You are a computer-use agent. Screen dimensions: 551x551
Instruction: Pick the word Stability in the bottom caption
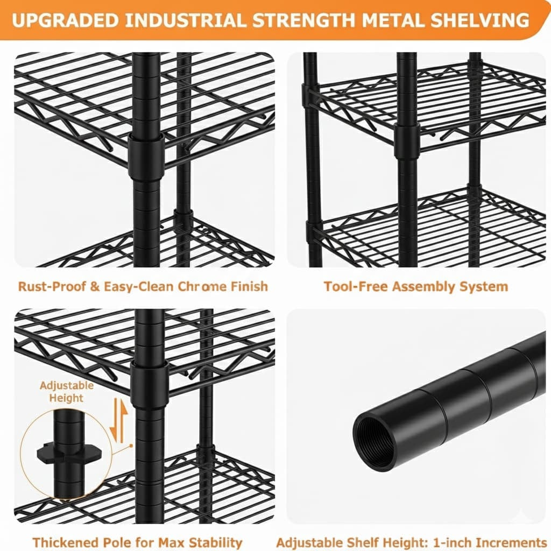pos(214,541)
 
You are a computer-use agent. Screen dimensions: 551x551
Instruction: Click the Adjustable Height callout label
pos(66,392)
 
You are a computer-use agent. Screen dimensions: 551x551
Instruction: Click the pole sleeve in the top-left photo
pos(146,156)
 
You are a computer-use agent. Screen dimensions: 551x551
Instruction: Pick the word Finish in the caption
pos(250,286)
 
